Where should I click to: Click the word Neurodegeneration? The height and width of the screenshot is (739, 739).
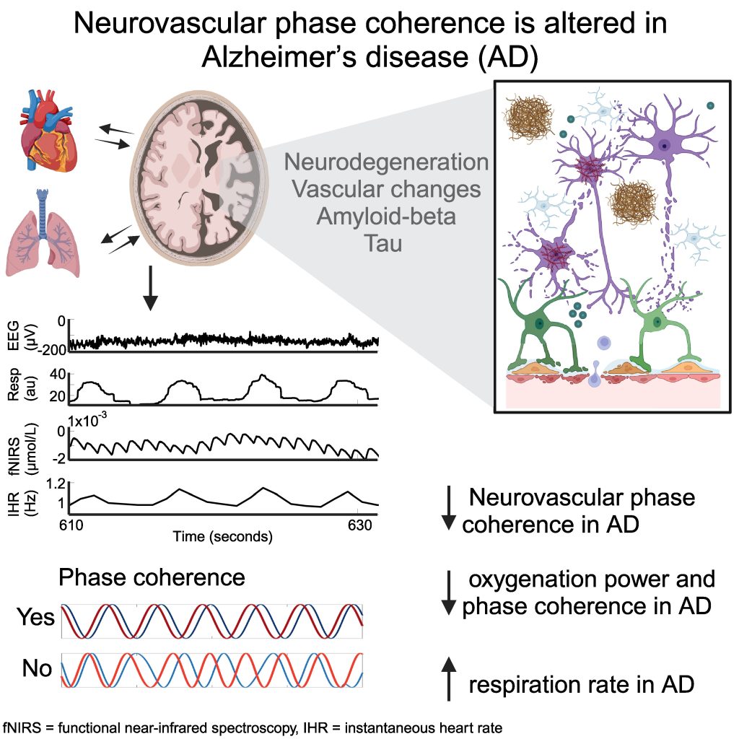[386, 162]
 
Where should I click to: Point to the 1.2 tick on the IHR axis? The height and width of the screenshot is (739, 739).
[56, 485]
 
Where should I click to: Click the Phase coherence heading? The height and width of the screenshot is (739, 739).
[152, 577]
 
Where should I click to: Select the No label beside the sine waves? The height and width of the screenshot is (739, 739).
[37, 669]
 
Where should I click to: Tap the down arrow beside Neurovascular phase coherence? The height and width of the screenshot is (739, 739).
[448, 509]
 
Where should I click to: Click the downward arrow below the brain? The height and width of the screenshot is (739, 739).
[150, 289]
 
